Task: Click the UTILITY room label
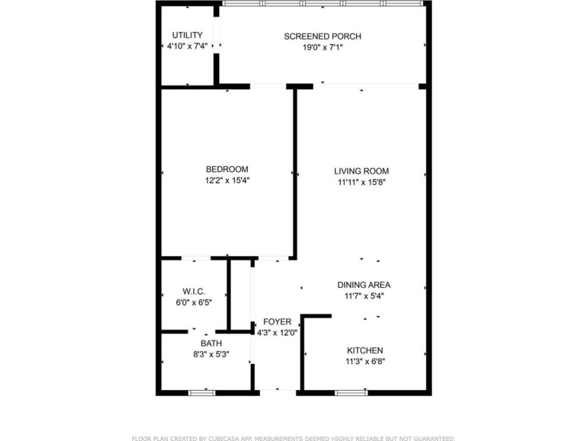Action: (x=188, y=35)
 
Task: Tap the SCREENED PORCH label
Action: (x=323, y=36)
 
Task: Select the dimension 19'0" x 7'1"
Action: (x=323, y=48)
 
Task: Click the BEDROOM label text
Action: (x=227, y=169)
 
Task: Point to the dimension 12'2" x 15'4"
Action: (x=227, y=181)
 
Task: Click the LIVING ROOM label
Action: (x=361, y=171)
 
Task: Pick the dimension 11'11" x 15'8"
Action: (x=361, y=182)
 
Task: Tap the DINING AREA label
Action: (x=364, y=285)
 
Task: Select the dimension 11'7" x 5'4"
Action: (x=364, y=296)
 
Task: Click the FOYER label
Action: (x=277, y=322)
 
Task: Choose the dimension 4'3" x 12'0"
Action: (x=277, y=332)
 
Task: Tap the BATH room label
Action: (x=211, y=344)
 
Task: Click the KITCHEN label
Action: (x=365, y=350)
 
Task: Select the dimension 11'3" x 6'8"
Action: (x=365, y=361)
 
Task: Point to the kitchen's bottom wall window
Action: (x=351, y=392)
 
